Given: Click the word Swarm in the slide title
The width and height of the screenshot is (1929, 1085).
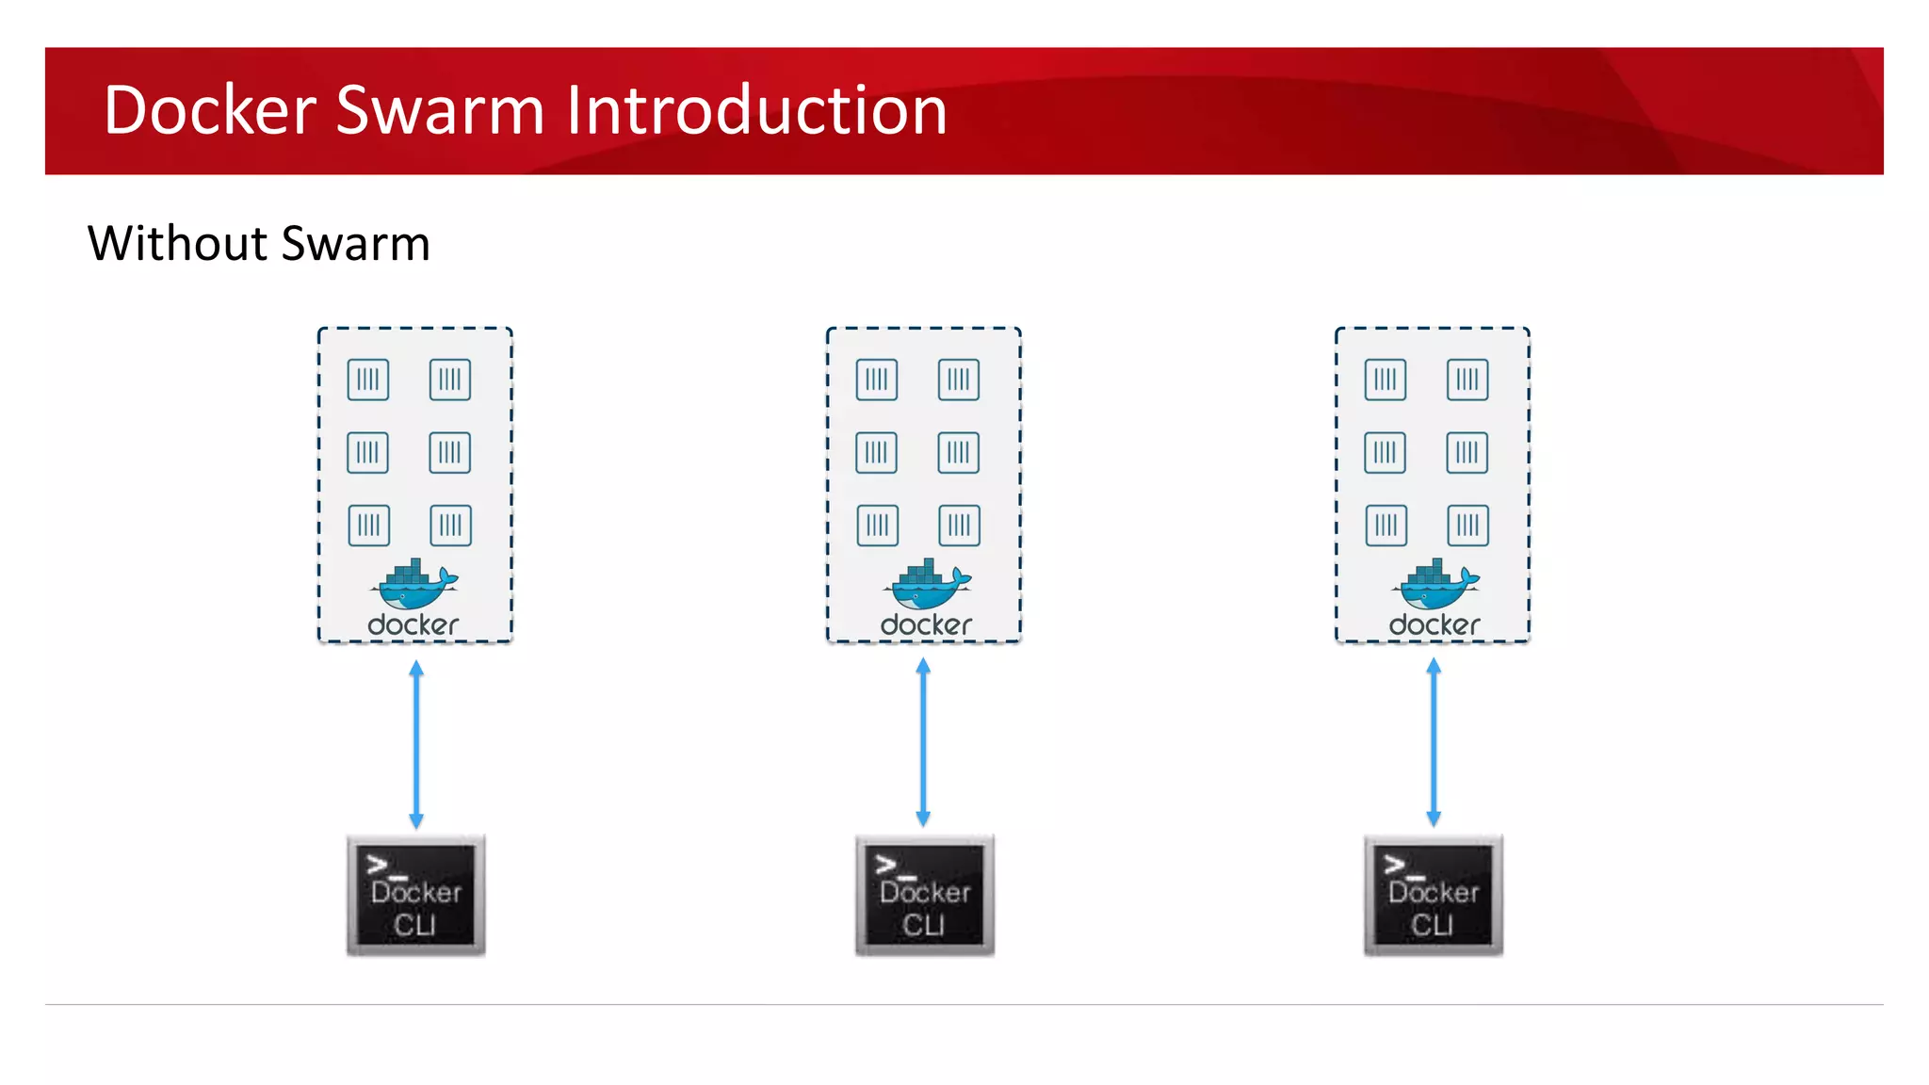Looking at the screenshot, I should [440, 110].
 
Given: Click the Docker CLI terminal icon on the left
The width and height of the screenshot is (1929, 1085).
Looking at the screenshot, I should [416, 895].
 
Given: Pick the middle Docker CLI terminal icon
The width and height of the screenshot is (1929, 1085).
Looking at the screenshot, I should [925, 895].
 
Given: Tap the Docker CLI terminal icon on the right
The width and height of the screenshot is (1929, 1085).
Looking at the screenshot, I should [1434, 895].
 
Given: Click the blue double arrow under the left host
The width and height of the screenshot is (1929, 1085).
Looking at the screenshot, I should [416, 744].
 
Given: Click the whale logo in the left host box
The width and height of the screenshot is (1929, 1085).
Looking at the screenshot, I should [414, 585].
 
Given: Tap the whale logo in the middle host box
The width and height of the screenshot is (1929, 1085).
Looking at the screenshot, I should [927, 585].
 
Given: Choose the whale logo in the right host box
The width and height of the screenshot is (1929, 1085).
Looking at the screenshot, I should [1435, 585].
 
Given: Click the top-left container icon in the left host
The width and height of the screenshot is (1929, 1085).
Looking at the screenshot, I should [368, 380].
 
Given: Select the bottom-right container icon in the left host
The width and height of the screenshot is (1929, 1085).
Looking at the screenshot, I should [451, 526].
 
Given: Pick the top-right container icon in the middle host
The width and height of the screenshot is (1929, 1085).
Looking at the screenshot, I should [959, 380].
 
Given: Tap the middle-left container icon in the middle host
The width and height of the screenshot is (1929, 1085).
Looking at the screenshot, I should [877, 453].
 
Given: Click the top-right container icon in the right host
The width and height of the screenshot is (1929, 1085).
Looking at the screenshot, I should [1467, 380].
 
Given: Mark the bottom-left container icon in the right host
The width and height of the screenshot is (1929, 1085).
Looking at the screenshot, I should [1386, 526].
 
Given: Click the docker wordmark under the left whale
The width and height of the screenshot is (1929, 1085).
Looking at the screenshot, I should [413, 625].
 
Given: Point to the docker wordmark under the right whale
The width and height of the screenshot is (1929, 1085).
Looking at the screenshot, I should [1435, 625].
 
